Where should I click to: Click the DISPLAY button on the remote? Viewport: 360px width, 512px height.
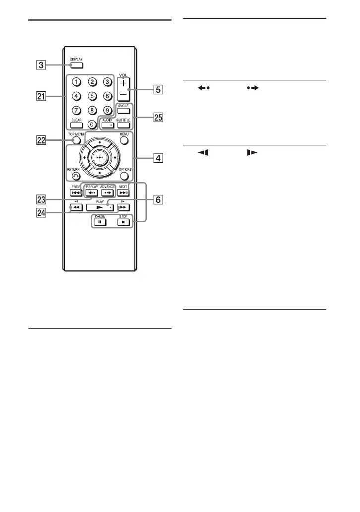pos(77,65)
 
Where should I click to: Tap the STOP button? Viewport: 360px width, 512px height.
pos(122,222)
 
